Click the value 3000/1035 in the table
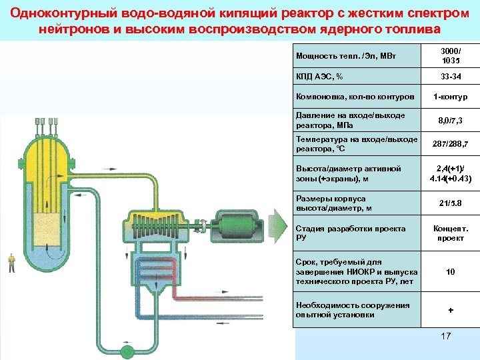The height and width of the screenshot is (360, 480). [x=450, y=55]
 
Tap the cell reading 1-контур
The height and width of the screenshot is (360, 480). [x=450, y=97]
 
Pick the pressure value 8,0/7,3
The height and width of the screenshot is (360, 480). [x=450, y=121]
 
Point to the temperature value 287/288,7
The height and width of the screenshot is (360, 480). [x=450, y=143]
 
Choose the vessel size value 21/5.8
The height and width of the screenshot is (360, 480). [x=450, y=203]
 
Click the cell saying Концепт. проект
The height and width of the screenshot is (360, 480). [x=450, y=233]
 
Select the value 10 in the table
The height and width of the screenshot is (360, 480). [x=450, y=272]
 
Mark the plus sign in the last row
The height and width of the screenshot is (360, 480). [x=450, y=310]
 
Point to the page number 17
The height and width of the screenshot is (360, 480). [x=446, y=336]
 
